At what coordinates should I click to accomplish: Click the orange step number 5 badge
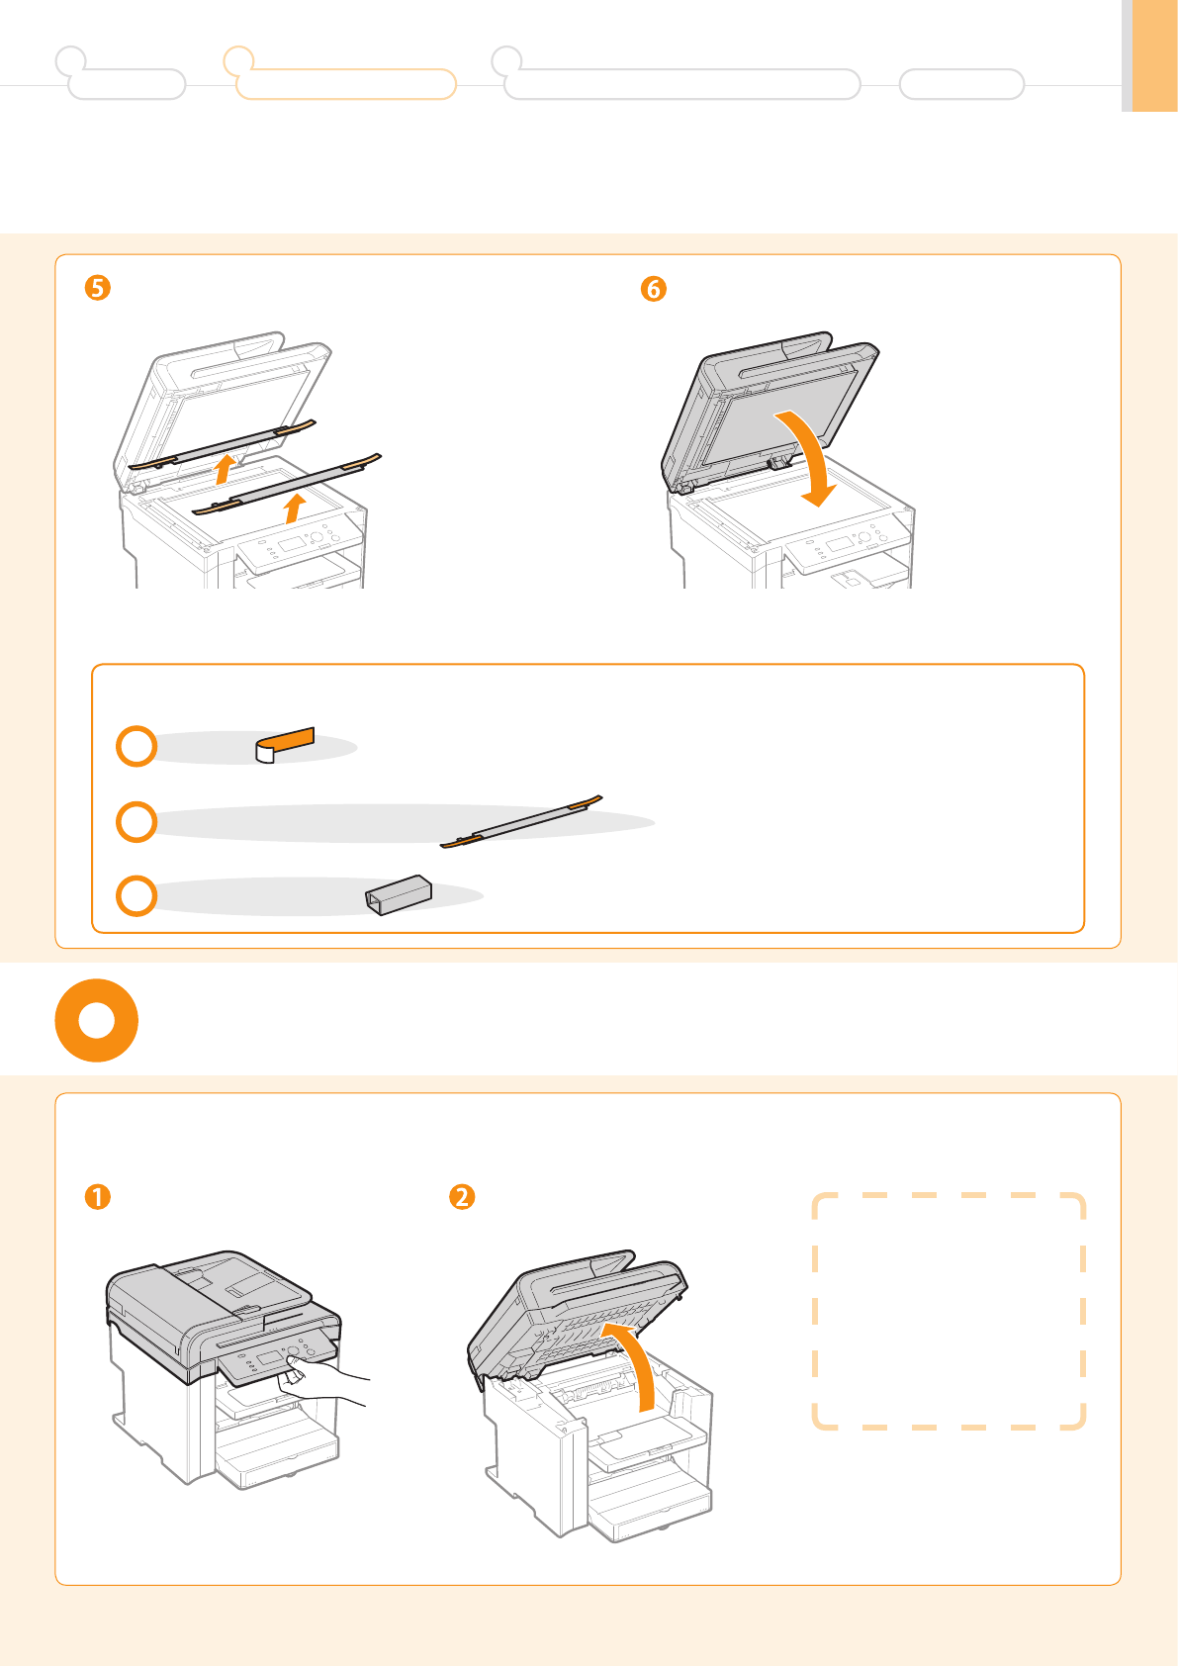coord(97,288)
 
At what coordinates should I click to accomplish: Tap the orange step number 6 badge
coord(654,289)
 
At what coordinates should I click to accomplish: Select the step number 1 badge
coord(97,1197)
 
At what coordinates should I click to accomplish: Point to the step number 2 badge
coord(462,1197)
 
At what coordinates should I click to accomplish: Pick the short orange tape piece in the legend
coord(285,745)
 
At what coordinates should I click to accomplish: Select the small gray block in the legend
coord(398,894)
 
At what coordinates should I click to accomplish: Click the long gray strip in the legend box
coord(521,822)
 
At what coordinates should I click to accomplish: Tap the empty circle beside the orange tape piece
coord(136,746)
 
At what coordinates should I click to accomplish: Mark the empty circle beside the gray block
coord(136,895)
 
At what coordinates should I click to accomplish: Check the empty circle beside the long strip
coord(136,822)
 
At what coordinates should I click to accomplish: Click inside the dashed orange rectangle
coord(949,1311)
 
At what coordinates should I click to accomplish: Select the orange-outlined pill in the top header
coord(346,84)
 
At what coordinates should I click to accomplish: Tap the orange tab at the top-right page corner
coord(1155,55)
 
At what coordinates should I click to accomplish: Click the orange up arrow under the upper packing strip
coord(226,469)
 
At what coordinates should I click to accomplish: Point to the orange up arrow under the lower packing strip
coord(296,508)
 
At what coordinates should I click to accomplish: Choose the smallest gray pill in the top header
coord(961,84)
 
